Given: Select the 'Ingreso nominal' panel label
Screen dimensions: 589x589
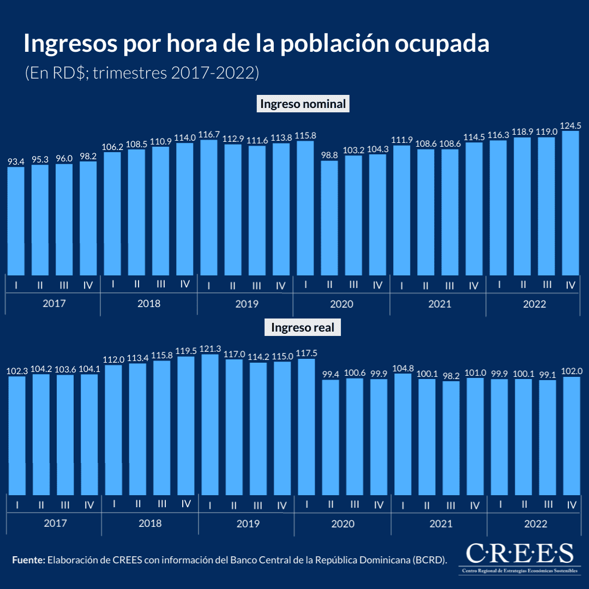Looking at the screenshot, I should [303, 104].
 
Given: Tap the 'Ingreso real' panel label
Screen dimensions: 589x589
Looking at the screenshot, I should [302, 328].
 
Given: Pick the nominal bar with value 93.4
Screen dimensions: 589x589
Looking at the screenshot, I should [16, 221].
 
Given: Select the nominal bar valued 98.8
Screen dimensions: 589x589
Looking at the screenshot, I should [329, 218].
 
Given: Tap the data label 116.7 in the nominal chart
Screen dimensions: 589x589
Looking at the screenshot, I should [209, 134].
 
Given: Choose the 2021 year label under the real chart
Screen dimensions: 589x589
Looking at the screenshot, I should [440, 524].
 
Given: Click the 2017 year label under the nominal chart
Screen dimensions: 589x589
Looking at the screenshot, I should [53, 303].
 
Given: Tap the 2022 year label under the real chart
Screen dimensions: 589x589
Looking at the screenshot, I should [536, 524].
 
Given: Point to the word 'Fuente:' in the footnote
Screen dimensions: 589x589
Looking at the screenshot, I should [28, 560].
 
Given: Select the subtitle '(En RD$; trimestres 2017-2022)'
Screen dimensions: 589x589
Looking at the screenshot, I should [141, 73].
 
